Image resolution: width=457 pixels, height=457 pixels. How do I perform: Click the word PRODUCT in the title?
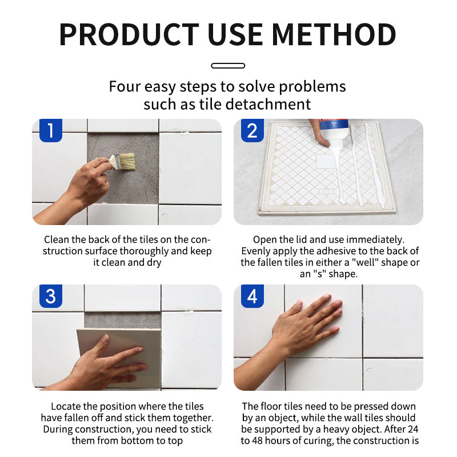coord(129,34)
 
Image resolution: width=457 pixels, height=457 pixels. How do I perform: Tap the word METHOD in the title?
coord(334,34)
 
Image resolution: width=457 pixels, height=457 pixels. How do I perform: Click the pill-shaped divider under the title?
coord(228,66)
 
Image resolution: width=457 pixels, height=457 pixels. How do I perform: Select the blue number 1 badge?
coord(51,130)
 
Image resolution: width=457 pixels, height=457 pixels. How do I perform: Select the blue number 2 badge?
coord(252,130)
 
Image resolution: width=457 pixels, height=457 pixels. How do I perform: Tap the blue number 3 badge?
coord(51,296)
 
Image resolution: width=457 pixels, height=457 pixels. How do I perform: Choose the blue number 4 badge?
coord(252,296)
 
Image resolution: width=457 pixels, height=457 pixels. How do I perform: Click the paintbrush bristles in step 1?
coord(127,162)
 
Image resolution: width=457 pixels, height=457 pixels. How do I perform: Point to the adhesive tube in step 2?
coord(334,131)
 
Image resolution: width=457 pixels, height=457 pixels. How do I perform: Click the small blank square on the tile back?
coord(326,161)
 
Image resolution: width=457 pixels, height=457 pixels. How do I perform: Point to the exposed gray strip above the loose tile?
coord(122,320)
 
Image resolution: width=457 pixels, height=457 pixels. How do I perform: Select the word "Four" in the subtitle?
coord(125,87)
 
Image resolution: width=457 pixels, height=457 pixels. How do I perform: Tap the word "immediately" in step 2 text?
coord(375,239)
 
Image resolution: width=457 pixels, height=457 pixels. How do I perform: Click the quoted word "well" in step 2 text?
coord(364,262)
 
